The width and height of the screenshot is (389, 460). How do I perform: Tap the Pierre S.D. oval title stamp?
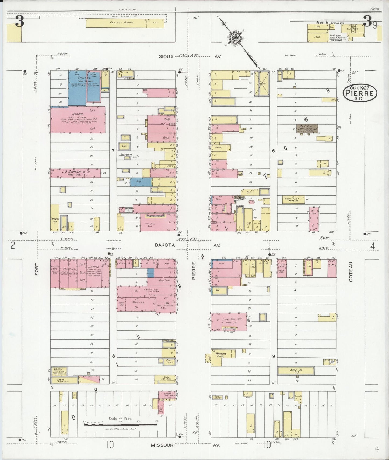pos(360,93)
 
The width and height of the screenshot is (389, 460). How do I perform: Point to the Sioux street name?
pos(165,57)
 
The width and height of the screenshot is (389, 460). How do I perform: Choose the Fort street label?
pos(37,269)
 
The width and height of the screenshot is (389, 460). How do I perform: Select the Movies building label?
pos(138,302)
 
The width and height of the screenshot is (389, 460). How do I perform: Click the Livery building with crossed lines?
pos(261,84)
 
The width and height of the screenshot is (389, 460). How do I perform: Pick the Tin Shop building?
pos(314,218)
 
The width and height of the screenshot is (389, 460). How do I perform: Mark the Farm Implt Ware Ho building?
pos(293,199)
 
